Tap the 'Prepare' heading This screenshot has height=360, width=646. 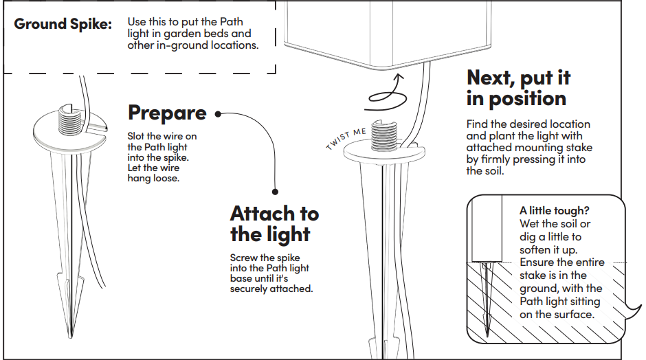pyautogui.click(x=167, y=113)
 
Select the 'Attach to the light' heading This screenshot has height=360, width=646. pyautogui.click(x=274, y=224)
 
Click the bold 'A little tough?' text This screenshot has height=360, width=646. pyautogui.click(x=554, y=210)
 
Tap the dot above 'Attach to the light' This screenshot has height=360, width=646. pyautogui.click(x=275, y=192)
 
